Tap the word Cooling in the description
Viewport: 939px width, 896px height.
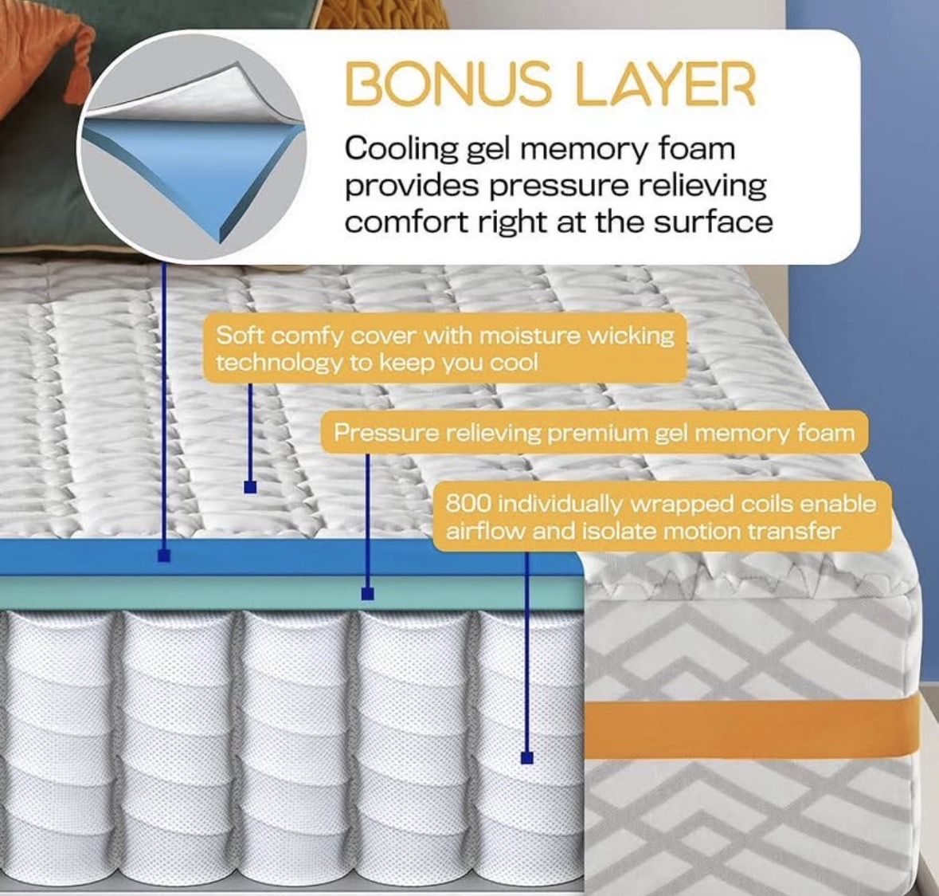tap(401, 149)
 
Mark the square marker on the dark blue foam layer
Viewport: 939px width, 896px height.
tap(164, 556)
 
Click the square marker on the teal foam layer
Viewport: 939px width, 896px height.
tap(368, 593)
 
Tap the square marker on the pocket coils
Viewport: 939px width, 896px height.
tap(527, 758)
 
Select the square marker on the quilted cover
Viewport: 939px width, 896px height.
tap(250, 486)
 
